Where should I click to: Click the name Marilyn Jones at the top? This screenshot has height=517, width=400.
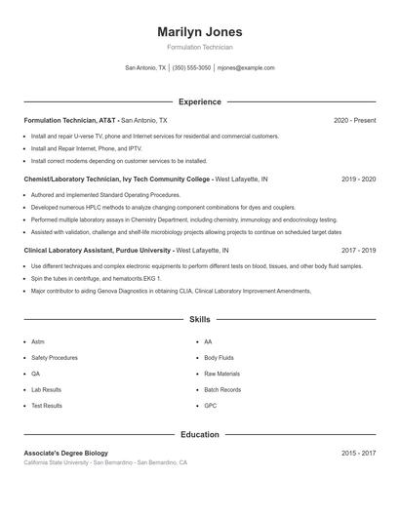[199, 31]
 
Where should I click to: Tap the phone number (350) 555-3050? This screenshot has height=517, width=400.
[191, 68]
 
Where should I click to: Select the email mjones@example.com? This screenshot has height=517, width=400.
[246, 68]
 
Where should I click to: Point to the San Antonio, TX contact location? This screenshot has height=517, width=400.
[146, 68]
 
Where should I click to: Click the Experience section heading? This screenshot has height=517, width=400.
[199, 101]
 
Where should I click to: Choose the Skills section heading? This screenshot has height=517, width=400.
[199, 319]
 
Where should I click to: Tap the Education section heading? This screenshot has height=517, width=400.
[199, 434]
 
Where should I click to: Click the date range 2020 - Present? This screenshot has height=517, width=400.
[354, 120]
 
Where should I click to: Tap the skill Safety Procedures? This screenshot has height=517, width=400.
[55, 358]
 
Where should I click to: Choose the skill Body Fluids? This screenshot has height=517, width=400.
[219, 358]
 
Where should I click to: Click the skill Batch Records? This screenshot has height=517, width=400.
[222, 389]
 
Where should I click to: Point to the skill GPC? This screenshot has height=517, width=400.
[210, 405]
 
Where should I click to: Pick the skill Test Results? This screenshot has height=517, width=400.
[47, 405]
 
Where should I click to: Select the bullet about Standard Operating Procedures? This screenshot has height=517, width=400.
[92, 195]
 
